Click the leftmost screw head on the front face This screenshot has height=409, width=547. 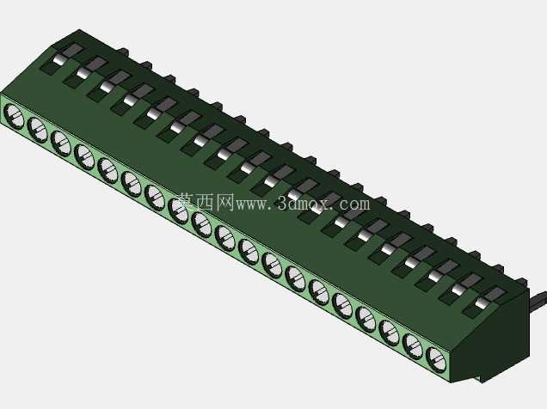pyautogui.click(x=14, y=115)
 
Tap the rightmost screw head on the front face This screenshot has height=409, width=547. pyautogui.click(x=436, y=358)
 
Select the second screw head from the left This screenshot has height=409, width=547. pyautogui.click(x=37, y=129)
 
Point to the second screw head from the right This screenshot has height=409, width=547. pyautogui.click(x=413, y=345)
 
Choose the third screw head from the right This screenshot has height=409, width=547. pyautogui.click(x=390, y=331)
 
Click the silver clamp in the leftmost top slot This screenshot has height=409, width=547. pyautogui.click(x=59, y=60)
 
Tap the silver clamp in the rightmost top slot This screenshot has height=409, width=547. pyautogui.click(x=481, y=302)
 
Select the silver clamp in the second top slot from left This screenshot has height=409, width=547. pyautogui.click(x=83, y=74)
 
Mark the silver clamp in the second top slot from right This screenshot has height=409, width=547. pyautogui.click(x=458, y=290)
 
